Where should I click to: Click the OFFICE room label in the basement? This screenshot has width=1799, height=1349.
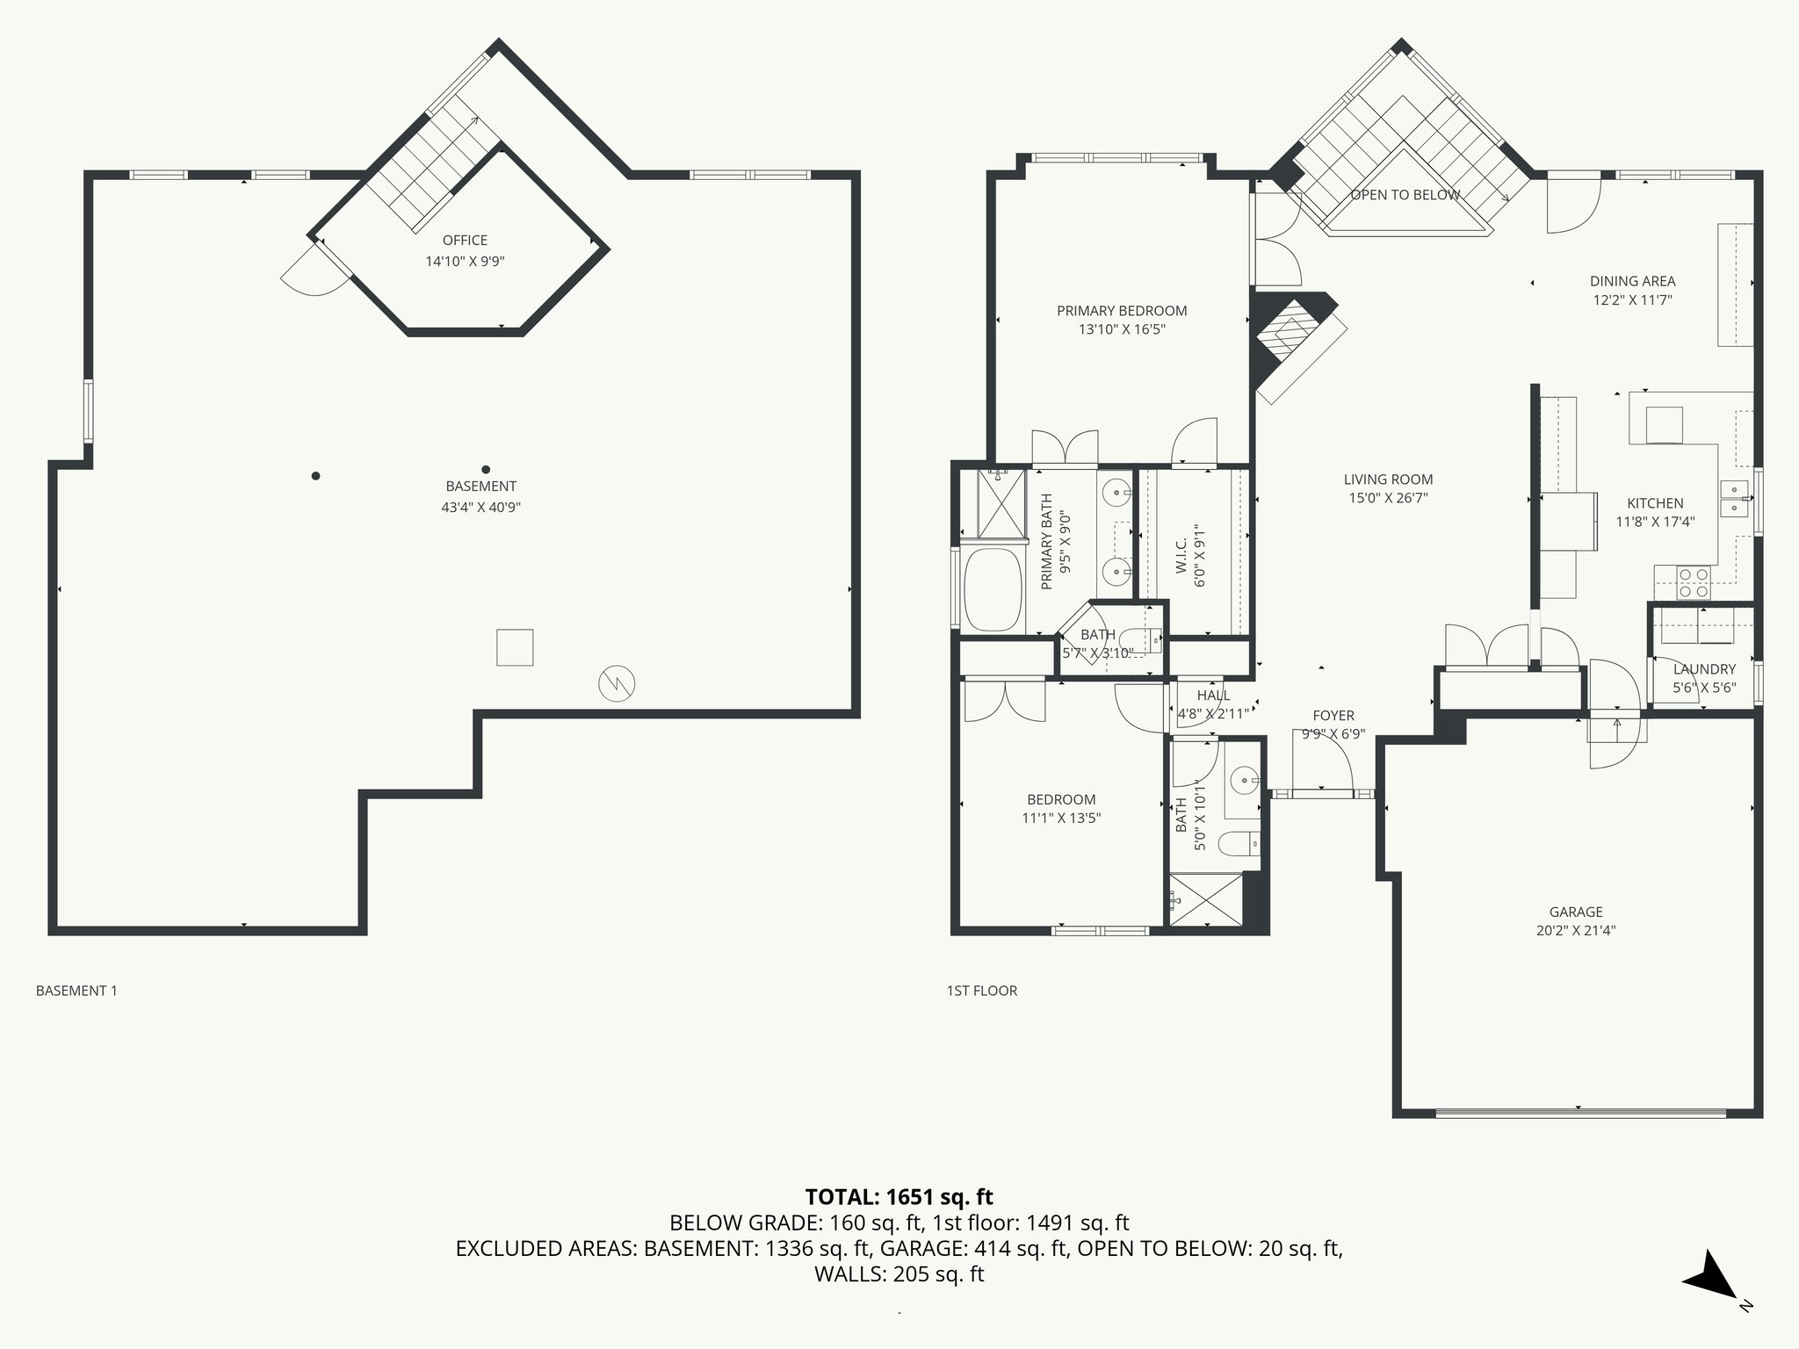465,240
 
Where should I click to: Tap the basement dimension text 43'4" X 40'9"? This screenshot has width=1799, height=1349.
480,507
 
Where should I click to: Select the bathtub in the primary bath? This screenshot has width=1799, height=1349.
993,590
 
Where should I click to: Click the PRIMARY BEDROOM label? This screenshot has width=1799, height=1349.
1122,311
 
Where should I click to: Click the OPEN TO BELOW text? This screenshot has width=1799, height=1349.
1405,195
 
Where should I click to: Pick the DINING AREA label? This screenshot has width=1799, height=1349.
1632,281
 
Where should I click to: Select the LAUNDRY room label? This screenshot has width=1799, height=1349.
1704,669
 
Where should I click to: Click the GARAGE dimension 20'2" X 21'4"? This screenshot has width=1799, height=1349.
1576,931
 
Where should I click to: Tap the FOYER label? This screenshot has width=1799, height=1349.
1333,716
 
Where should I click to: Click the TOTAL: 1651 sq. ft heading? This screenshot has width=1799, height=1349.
899,1196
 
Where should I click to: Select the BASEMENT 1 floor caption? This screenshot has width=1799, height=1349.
76,991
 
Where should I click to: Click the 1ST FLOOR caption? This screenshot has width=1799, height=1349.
981,991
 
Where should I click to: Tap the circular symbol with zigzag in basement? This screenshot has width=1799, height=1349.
617,682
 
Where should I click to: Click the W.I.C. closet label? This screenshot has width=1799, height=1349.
1181,557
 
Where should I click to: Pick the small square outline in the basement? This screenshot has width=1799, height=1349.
515,647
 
